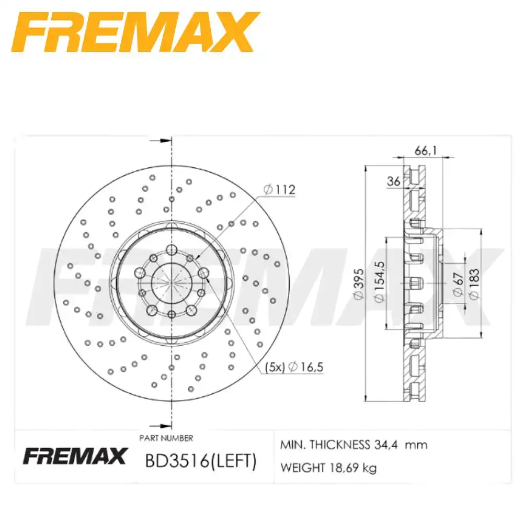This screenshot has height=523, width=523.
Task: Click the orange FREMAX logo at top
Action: (134, 32)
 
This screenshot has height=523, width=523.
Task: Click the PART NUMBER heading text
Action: (166, 438)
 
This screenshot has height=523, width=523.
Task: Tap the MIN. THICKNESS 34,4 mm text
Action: (354, 445)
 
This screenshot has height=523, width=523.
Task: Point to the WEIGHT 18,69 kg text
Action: (328, 468)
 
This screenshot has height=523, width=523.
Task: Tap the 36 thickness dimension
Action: (393, 181)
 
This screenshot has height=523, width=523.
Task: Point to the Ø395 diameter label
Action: (358, 285)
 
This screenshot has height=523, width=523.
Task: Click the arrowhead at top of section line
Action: (166, 140)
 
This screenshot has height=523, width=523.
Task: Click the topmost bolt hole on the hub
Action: (172, 249)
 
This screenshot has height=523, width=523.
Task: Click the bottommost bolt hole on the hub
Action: (172, 314)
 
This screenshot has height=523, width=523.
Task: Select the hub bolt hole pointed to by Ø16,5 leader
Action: (203, 272)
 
